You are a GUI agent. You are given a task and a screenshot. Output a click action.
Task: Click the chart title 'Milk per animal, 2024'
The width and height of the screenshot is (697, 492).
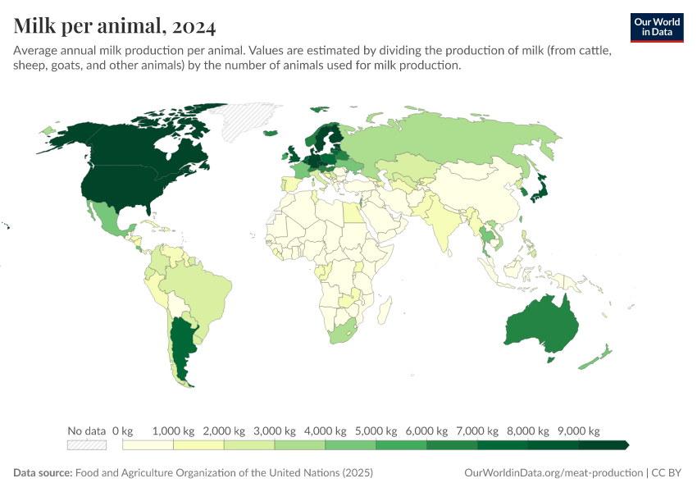pos(115,27)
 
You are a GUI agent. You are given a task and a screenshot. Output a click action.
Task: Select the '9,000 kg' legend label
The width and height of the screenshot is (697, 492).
pos(578,431)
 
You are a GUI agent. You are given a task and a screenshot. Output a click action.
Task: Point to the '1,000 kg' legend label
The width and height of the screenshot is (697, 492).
pos(173,431)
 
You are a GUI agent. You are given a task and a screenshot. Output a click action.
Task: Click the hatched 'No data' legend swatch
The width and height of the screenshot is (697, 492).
pos(87,445)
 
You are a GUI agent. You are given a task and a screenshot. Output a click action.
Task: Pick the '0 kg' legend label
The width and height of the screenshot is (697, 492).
pos(122,431)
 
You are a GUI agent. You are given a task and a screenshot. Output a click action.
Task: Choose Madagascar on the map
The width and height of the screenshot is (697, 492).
pos(384,311)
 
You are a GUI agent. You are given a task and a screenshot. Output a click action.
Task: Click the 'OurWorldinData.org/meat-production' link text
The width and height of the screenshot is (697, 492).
pos(553,473)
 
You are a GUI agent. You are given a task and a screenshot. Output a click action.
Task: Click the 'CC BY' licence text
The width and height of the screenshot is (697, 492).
pos(667,473)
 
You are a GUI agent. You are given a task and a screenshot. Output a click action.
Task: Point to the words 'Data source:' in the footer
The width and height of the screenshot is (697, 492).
pos(43,473)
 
